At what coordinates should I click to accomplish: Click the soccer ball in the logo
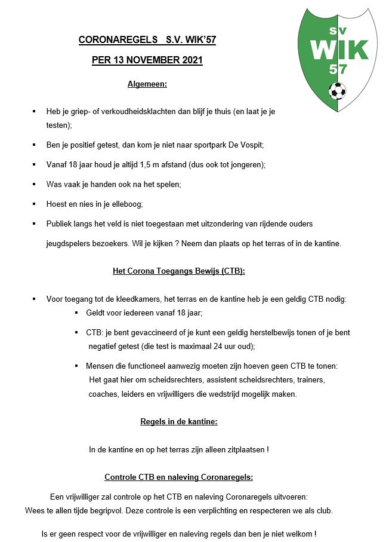[x=337, y=91]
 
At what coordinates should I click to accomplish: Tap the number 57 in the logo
[x=337, y=69]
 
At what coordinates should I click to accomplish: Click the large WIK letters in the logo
[x=338, y=49]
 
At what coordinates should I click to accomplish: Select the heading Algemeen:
[x=147, y=84]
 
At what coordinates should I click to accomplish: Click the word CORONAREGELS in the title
[x=111, y=40]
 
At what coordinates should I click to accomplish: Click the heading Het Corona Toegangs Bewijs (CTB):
[x=179, y=271]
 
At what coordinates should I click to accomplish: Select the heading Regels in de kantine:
[x=179, y=421]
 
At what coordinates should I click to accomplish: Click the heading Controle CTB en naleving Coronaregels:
[x=179, y=477]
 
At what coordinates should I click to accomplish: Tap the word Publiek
[x=60, y=223]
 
